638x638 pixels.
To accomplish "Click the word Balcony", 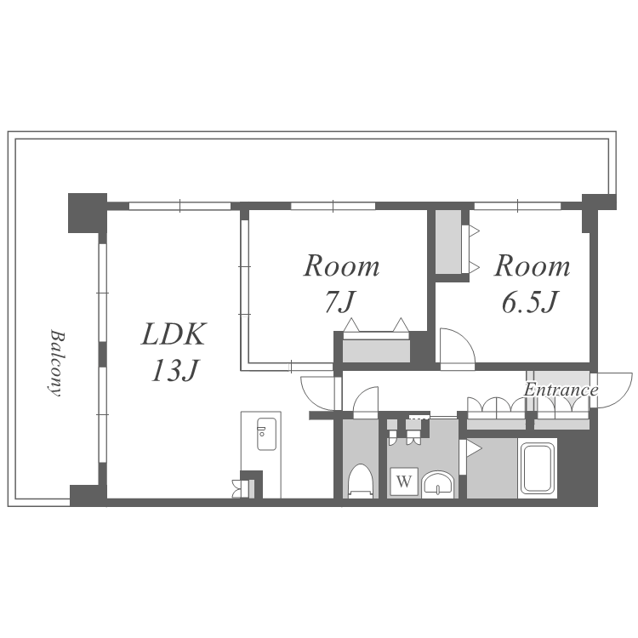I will point(54,363).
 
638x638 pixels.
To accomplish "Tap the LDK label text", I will point(174,335).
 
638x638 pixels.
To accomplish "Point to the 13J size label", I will point(174,371).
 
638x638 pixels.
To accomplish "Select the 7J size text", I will point(342,301).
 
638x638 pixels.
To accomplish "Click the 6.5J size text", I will point(529,303).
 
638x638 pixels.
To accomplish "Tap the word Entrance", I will point(561,390).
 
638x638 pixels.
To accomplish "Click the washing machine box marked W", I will point(404,482).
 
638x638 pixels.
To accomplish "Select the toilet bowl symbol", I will point(361,481).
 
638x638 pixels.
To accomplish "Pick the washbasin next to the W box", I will point(439,484).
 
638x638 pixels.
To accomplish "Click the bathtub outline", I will point(538,468).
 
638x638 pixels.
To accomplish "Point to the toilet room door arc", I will point(366,402).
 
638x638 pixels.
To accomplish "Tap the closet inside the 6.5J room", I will point(448,242).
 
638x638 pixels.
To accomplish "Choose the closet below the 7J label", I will point(376,348).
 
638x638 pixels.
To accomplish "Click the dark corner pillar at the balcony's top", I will point(87,211).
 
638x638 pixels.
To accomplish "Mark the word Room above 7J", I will point(342,267).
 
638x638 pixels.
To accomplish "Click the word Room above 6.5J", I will point(533,267).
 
